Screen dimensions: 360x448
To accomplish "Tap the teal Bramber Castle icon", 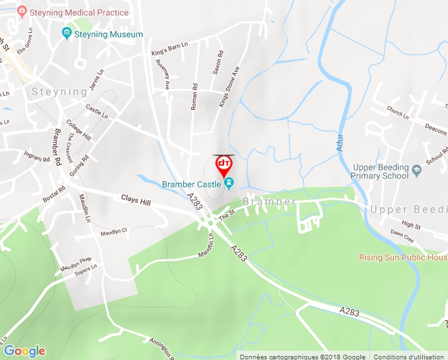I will (229, 183).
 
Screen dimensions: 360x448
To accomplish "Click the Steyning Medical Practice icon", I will (21, 11).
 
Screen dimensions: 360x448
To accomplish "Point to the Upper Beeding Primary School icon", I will (416, 171).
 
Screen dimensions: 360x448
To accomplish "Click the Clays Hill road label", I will (136, 199).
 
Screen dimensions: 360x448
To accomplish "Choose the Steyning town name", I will (59, 91).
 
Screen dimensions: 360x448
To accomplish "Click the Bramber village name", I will (268, 201).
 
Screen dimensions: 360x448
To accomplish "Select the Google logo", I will (24, 351).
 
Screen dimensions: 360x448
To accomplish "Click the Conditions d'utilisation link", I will (409, 356).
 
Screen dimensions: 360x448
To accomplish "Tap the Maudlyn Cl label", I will (113, 232).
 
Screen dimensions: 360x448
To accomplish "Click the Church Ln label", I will (397, 113).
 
